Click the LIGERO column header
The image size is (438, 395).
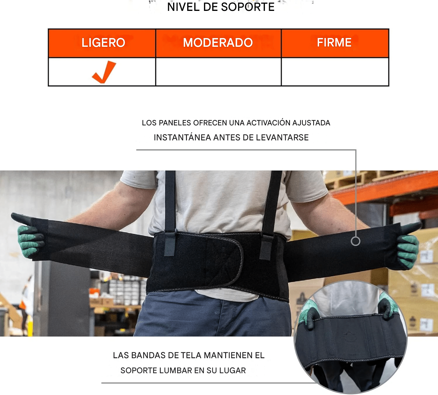[x=103, y=43]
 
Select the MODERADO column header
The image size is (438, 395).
[x=218, y=43]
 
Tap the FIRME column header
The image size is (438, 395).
[x=334, y=43]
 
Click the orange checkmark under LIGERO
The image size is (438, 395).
[x=104, y=72]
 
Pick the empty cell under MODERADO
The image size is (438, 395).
[x=218, y=72]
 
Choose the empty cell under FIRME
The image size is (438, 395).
[x=335, y=72]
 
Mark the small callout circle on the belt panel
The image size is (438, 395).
[x=355, y=241]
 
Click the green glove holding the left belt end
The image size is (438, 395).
[x=29, y=241]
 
